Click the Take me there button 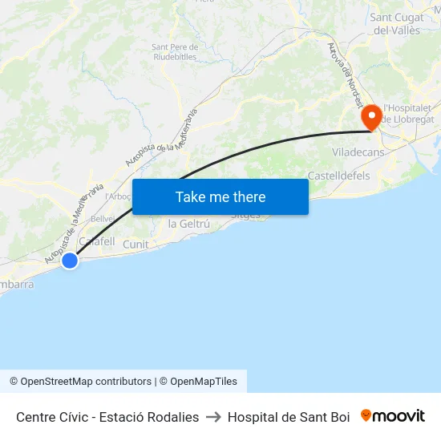click(220, 196)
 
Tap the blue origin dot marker click(70, 260)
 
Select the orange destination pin click(371, 119)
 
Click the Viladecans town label click(358, 152)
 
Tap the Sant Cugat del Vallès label click(397, 23)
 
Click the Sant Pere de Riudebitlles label click(175, 51)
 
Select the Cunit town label click(136, 244)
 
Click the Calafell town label click(96, 241)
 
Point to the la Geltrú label click(188, 224)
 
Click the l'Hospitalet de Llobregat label click(408, 113)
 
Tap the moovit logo click(392, 415)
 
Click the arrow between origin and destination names click(213, 417)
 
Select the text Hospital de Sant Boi click(289, 417)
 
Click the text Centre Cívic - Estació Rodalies click(107, 417)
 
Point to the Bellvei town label click(103, 218)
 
